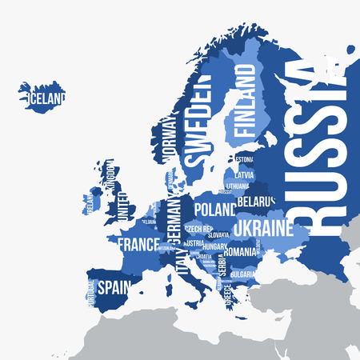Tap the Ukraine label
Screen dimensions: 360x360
tap(263, 229)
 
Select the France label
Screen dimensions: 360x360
tap(138, 242)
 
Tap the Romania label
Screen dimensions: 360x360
tap(240, 252)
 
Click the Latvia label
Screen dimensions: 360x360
tap(244, 173)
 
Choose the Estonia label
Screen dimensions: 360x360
tap(244, 159)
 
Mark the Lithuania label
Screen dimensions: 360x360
tap(238, 186)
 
